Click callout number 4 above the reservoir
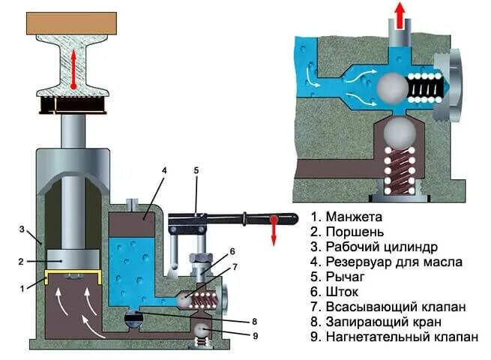pyautogui.click(x=163, y=171)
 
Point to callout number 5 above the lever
pyautogui.click(x=196, y=171)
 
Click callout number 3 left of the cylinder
pyautogui.click(x=23, y=229)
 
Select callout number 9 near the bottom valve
pyautogui.click(x=255, y=336)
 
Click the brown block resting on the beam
pyautogui.click(x=72, y=22)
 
